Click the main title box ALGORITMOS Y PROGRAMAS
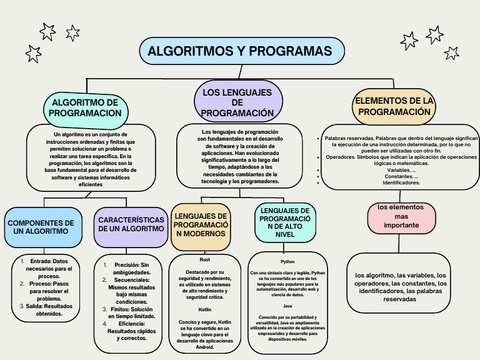pos(241,51)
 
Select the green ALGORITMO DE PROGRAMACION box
pos(85,107)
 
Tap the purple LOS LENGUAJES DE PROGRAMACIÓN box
pos(237,102)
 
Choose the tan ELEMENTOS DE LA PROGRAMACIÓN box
pos(394,106)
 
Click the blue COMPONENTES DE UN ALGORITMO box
pos(41,227)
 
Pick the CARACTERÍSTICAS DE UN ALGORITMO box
pos(131,224)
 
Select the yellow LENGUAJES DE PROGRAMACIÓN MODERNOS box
pos(200,224)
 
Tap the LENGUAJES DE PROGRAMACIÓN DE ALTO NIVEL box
pos(284,222)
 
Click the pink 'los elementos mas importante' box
pos(401,216)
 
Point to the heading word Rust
pos(205,259)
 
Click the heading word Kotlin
pos(205,309)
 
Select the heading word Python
pos(287,261)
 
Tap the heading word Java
pos(287,306)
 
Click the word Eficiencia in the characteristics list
pos(131,324)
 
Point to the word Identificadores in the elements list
pos(401,183)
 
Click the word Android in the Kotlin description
pos(205,347)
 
